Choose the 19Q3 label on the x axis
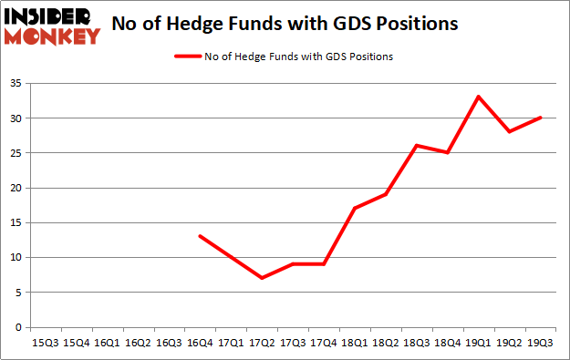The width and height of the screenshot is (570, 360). (541, 343)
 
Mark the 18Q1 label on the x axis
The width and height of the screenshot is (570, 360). (354, 343)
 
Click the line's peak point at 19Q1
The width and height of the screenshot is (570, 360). (479, 97)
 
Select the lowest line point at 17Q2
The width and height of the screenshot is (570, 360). (261, 278)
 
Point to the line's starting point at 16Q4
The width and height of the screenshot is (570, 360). (199, 236)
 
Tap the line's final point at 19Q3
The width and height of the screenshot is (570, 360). (541, 118)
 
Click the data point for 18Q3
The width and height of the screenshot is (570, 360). (416, 146)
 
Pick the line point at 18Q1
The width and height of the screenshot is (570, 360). (354, 209)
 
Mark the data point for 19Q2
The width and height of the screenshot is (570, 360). (510, 131)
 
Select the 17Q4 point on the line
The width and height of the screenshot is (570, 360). (323, 264)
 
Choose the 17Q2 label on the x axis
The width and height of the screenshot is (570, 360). (261, 343)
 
